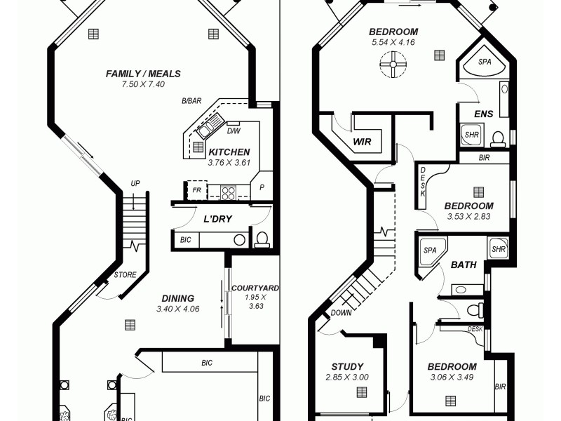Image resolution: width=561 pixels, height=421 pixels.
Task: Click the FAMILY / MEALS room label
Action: (x=143, y=74)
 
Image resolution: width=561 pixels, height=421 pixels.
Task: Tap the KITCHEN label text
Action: (x=229, y=152)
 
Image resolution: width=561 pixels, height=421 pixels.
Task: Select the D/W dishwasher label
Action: (x=234, y=131)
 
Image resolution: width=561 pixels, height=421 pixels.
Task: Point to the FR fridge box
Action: (x=196, y=189)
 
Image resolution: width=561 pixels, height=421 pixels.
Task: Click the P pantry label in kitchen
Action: (x=262, y=188)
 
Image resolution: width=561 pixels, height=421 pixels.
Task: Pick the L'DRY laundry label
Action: (x=217, y=219)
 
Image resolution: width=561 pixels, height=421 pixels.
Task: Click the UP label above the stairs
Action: (x=135, y=184)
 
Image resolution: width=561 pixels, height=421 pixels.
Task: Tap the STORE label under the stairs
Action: (x=125, y=274)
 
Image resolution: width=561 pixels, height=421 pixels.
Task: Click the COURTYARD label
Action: (x=255, y=288)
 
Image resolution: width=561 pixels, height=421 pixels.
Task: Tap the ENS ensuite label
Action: (x=483, y=114)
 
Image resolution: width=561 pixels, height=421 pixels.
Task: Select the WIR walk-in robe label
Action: (x=362, y=142)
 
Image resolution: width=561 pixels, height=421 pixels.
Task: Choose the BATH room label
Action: (x=464, y=265)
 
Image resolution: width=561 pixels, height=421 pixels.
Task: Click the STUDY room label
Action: (x=347, y=366)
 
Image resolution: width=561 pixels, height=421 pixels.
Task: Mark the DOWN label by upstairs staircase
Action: (x=341, y=313)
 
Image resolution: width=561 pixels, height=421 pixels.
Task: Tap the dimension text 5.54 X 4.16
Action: (x=393, y=43)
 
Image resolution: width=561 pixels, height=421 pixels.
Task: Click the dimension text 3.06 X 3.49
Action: (x=452, y=377)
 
